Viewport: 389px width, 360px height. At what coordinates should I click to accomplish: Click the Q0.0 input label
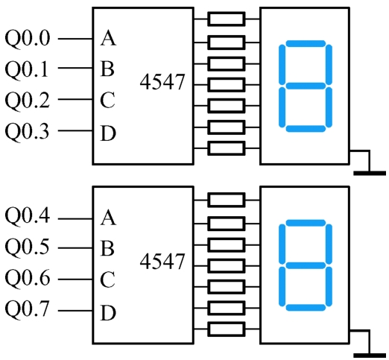[x=28, y=39]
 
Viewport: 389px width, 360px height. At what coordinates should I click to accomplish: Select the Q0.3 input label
[x=28, y=130]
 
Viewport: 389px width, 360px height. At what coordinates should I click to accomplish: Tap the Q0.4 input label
[x=28, y=216]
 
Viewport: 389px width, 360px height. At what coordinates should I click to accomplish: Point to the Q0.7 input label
[x=28, y=309]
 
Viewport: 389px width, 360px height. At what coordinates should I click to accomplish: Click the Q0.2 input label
[x=28, y=99]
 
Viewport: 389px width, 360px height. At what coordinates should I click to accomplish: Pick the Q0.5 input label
[x=28, y=247]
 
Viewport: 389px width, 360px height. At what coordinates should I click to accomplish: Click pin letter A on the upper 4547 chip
[x=108, y=38]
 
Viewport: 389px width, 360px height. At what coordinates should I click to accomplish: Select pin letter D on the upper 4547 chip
[x=108, y=133]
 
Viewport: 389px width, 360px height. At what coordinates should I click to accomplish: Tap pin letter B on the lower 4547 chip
[x=107, y=248]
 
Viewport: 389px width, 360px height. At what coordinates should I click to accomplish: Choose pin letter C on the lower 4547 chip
[x=107, y=280]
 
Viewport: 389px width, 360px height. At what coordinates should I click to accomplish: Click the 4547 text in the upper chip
[x=162, y=82]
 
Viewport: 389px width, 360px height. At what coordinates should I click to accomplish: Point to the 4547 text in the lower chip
[x=162, y=261]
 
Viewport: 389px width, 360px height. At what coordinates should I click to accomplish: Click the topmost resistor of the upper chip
[x=227, y=19]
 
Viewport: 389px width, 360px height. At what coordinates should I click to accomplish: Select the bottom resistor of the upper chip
[x=227, y=148]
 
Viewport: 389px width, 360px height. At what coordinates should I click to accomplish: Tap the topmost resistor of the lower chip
[x=227, y=200]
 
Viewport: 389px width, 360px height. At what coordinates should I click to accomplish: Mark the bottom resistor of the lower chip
[x=227, y=329]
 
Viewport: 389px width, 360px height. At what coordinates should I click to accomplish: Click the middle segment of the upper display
[x=306, y=86]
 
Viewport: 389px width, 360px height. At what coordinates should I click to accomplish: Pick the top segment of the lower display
[x=306, y=223]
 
